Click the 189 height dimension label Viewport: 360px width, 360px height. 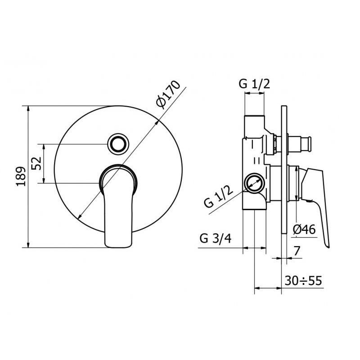(x=21, y=176)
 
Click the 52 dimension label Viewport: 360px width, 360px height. (x=36, y=163)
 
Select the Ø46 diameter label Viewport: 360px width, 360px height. (x=305, y=229)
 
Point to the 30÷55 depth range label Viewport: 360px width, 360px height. (x=303, y=280)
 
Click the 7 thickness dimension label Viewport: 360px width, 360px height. (x=297, y=251)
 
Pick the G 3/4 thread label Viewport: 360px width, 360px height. (x=216, y=238)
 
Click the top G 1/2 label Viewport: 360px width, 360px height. (x=254, y=84)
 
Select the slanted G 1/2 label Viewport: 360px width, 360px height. (x=218, y=197)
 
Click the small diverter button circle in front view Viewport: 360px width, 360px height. (x=118, y=144)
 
